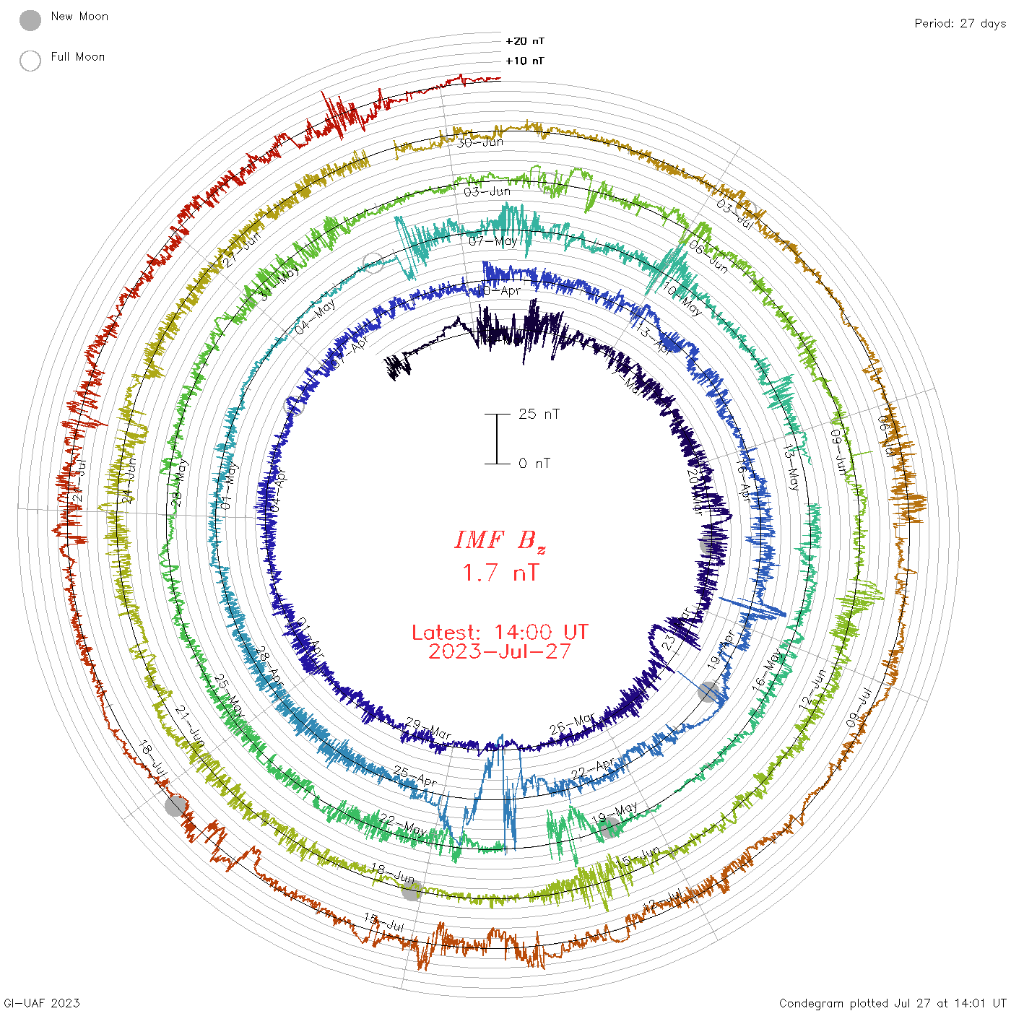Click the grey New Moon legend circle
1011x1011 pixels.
point(30,20)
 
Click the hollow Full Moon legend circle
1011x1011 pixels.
point(30,61)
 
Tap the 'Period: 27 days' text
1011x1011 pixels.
point(960,23)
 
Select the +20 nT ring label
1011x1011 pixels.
point(525,41)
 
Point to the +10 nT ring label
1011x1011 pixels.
point(525,61)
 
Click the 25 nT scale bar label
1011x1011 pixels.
point(539,414)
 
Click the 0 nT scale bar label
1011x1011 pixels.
point(534,464)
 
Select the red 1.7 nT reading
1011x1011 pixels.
point(500,573)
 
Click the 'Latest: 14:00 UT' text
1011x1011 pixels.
point(500,633)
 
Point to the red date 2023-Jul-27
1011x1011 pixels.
point(500,651)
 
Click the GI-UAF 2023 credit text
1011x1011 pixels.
point(41,1002)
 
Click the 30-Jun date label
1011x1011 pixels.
point(480,142)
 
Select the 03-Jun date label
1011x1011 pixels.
point(487,191)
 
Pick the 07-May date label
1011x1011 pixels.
point(493,241)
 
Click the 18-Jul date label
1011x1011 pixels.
point(153,759)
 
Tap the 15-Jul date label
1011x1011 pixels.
point(383,922)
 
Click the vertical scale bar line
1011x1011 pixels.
point(497,439)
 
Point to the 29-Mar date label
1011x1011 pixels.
point(428,729)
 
